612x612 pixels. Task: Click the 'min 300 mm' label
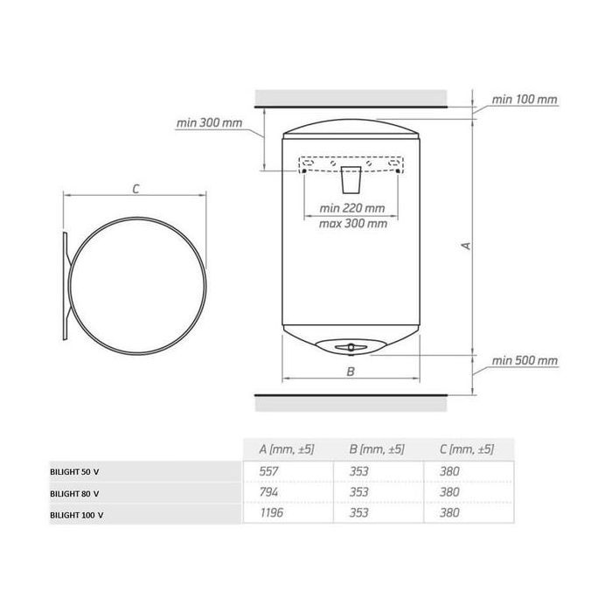[x=209, y=123]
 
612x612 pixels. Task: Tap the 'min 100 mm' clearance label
[x=525, y=100]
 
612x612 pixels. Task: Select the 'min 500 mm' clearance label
[x=525, y=360]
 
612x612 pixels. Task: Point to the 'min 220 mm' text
[x=352, y=208]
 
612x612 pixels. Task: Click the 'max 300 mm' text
[x=353, y=224]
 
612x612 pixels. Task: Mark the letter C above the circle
[x=136, y=190]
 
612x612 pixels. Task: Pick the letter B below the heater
[x=351, y=372]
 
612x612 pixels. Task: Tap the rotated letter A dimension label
[x=466, y=246]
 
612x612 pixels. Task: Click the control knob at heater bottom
[x=350, y=346]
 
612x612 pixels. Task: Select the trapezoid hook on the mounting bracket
[x=351, y=180]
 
